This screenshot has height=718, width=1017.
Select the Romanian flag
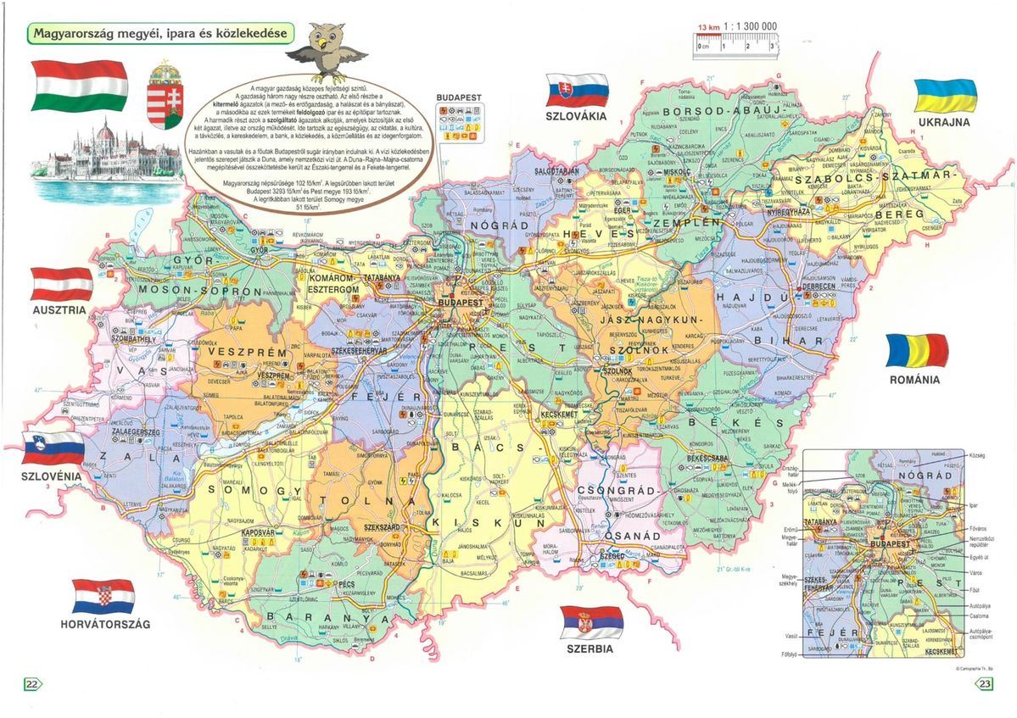(x=916, y=351)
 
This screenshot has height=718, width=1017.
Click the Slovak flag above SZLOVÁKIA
(x=577, y=89)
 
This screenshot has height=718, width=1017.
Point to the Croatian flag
(x=103, y=597)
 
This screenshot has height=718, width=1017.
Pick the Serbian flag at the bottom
(x=592, y=622)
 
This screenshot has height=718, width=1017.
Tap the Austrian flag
(x=62, y=284)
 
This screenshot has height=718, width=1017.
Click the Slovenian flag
(x=53, y=449)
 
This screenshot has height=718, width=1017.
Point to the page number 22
(x=32, y=684)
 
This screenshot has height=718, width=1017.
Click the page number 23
(x=984, y=684)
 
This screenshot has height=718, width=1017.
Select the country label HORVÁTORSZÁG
(x=104, y=625)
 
